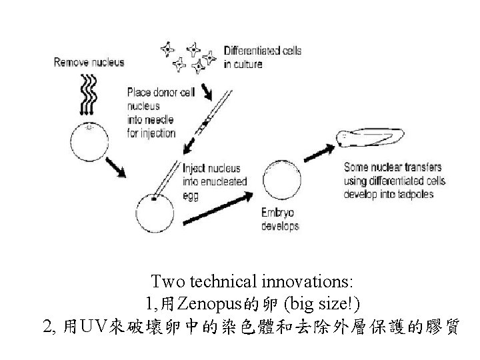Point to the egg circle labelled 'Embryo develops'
click(283, 179)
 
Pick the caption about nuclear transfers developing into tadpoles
click(394, 180)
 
